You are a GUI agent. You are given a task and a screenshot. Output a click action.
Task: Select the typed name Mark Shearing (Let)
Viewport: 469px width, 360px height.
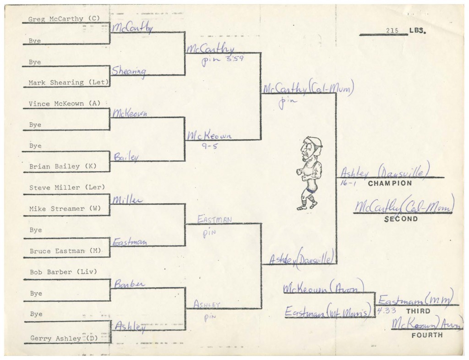click(69, 83)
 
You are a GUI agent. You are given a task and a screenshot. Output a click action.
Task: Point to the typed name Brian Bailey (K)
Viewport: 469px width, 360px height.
click(63, 167)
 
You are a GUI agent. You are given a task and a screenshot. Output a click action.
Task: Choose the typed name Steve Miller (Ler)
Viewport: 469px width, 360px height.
click(67, 188)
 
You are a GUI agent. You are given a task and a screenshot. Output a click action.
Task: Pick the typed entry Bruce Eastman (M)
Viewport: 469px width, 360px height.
click(65, 251)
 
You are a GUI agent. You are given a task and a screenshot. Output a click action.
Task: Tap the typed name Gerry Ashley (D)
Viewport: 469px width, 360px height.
click(62, 338)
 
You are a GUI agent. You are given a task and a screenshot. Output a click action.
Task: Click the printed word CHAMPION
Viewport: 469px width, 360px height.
click(390, 183)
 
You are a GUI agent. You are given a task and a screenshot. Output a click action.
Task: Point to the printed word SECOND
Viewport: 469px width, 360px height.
click(401, 219)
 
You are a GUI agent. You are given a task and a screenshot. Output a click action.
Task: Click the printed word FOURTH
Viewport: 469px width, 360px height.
click(427, 335)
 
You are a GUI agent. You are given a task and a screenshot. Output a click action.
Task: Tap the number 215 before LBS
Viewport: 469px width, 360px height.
click(393, 31)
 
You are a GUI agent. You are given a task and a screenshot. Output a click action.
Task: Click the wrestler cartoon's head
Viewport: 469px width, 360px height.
click(311, 147)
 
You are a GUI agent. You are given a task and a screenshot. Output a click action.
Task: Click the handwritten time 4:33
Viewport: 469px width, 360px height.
click(384, 311)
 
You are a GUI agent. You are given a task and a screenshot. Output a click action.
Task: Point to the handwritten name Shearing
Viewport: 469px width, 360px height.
click(129, 71)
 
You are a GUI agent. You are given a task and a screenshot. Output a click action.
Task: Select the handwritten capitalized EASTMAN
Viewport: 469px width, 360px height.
click(214, 220)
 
